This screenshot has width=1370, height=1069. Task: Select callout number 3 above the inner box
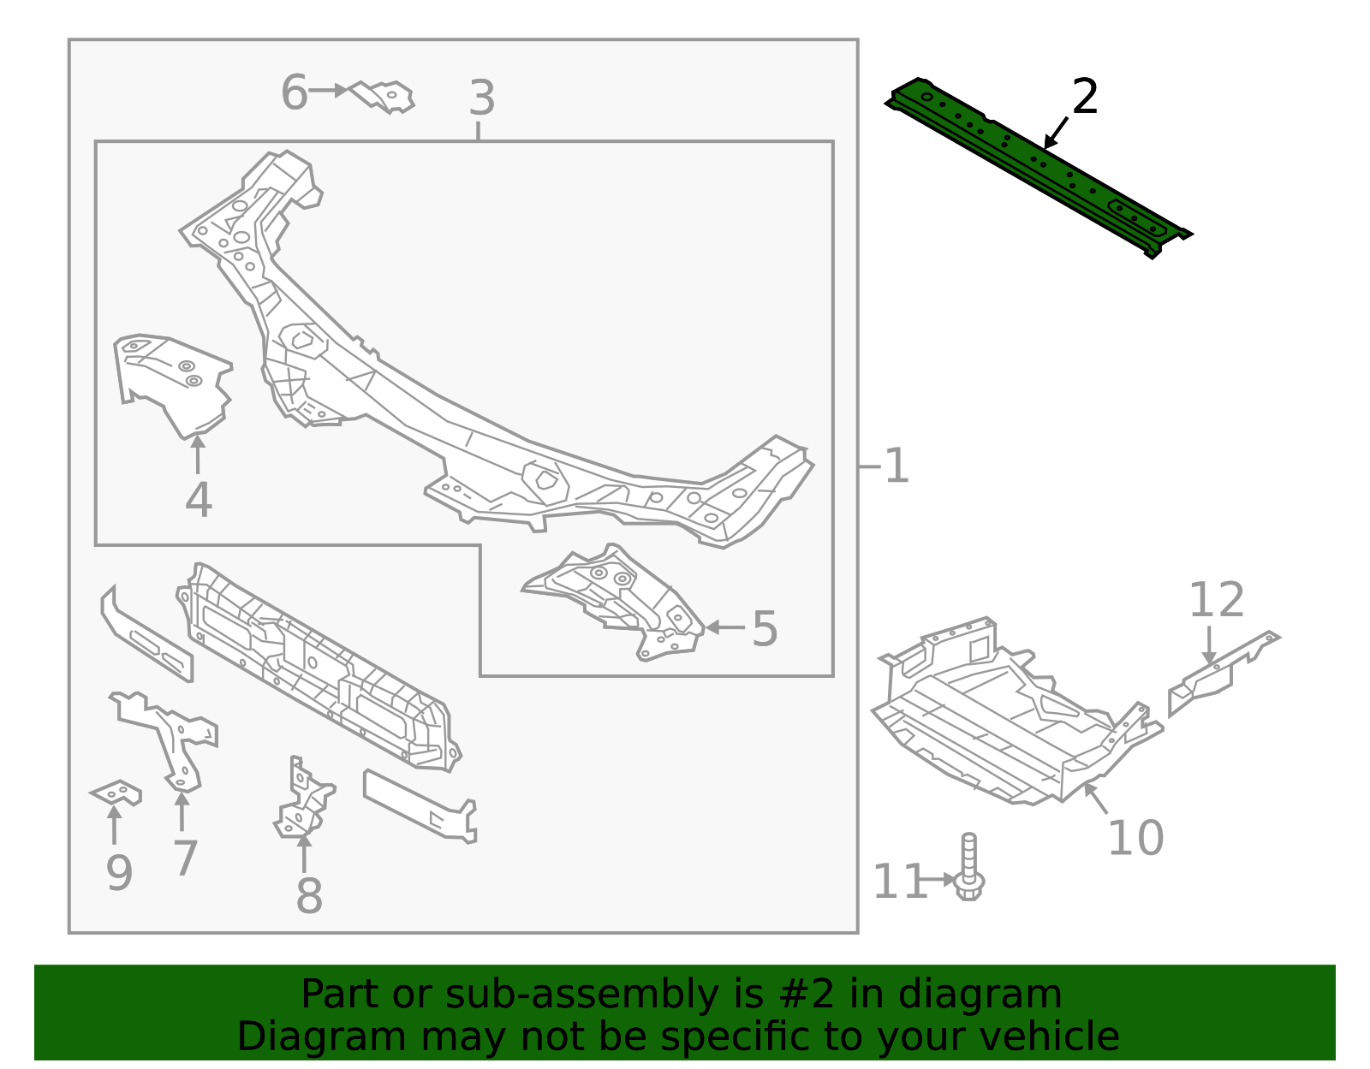pos(482,98)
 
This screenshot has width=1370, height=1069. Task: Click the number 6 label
pos(294,92)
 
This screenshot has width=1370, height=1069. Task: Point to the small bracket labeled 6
pos(385,96)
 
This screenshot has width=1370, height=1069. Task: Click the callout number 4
pos(198,500)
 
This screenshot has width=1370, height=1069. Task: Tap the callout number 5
pos(765,629)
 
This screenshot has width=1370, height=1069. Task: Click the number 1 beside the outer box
pos(896,466)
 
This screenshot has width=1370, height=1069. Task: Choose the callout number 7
pos(185,858)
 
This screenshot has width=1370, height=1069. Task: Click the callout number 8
pos(308,896)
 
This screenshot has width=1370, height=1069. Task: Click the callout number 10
pos(1135,837)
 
